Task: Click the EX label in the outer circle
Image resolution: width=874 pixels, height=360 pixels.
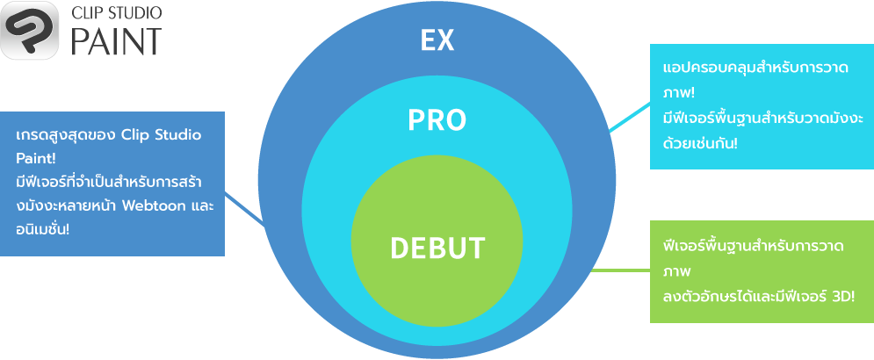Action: (437, 40)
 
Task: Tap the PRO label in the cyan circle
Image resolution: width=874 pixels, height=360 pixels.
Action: (437, 120)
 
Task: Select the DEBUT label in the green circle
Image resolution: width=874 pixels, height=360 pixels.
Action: (437, 248)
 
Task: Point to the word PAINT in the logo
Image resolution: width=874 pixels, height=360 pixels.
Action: (116, 42)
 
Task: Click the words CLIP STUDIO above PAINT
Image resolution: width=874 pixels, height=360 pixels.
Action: (116, 14)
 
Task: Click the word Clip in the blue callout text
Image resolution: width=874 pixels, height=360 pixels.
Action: (136, 136)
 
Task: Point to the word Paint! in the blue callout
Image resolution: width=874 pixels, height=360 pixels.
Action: (37, 159)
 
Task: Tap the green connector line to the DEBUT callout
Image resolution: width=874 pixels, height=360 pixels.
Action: (619, 270)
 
